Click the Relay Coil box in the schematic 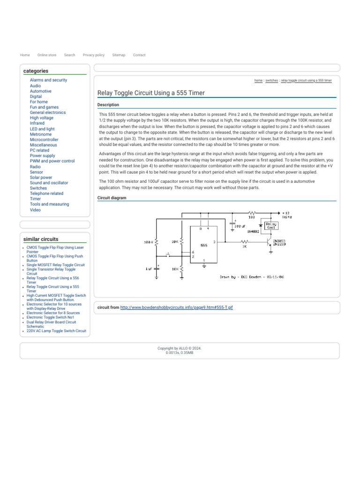[x=271, y=225]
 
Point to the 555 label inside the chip [x=204, y=245]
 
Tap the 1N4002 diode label [x=253, y=231]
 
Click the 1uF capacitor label [x=149, y=269]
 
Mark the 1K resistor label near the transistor [x=244, y=246]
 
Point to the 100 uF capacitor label [x=240, y=226]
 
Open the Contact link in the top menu [x=139, y=55]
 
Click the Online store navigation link [x=47, y=55]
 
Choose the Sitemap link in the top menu [x=119, y=55]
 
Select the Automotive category [x=41, y=91]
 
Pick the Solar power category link [x=41, y=178]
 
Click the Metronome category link [x=41, y=135]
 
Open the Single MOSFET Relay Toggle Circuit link [x=56, y=265]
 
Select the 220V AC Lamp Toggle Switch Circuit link [x=56, y=331]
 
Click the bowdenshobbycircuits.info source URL [x=177, y=307]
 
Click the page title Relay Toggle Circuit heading [x=151, y=93]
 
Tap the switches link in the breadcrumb [x=271, y=81]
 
